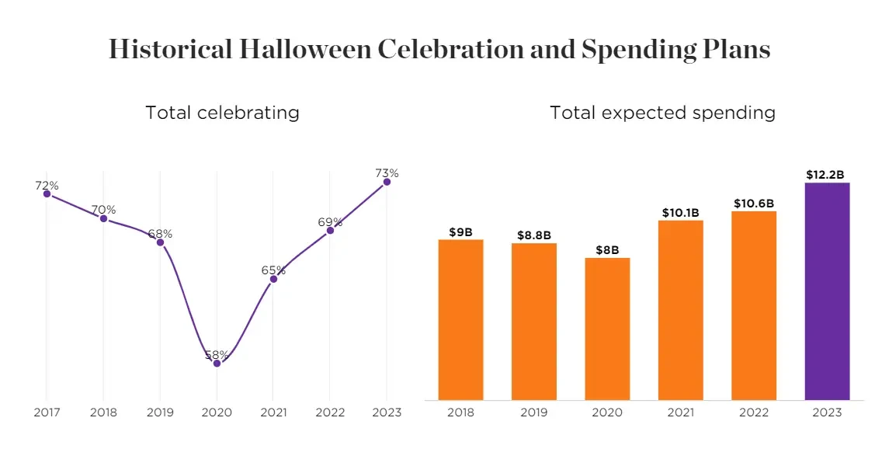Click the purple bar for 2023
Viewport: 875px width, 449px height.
(x=827, y=291)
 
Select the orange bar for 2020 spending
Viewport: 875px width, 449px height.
(x=607, y=329)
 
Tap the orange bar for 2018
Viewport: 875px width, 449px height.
(x=460, y=319)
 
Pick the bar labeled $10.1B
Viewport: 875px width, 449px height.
(x=680, y=310)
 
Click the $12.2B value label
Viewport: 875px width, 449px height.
(x=827, y=174)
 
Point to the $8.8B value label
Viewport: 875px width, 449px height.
(x=534, y=235)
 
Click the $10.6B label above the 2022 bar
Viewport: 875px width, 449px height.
(x=754, y=204)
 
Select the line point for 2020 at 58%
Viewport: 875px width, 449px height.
(x=217, y=363)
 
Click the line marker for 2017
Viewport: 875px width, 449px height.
(x=47, y=193)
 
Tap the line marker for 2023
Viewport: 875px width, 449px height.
(x=387, y=181)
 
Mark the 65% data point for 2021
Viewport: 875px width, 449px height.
(x=273, y=278)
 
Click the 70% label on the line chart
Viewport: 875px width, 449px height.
(x=103, y=210)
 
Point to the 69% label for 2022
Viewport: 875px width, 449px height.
(x=330, y=222)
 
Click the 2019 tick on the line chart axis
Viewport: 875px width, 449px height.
(x=160, y=412)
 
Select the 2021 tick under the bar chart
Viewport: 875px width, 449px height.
(x=680, y=412)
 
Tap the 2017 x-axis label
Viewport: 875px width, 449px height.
(x=47, y=412)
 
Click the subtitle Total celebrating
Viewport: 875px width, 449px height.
(x=222, y=112)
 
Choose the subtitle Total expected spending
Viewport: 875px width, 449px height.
(x=662, y=112)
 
